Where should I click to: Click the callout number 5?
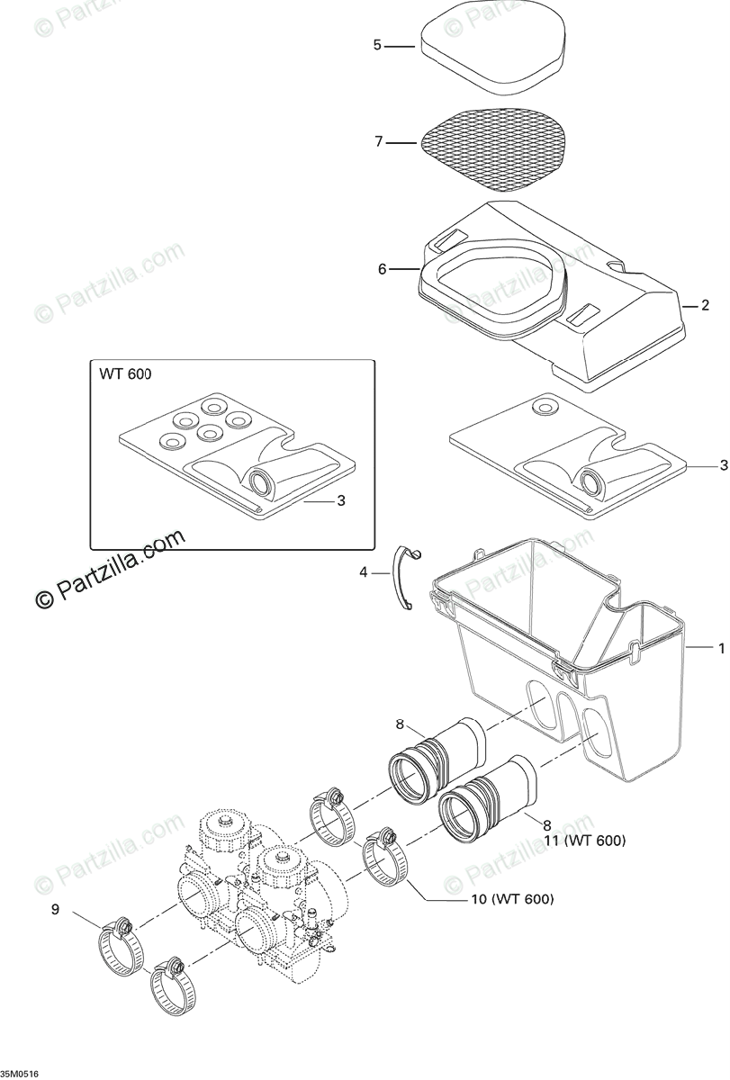[378, 44]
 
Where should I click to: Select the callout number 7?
[379, 141]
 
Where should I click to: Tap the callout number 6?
[382, 268]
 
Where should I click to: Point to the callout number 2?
[705, 306]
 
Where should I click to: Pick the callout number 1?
[720, 647]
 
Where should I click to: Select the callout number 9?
[55, 910]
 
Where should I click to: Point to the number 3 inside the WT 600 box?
[341, 500]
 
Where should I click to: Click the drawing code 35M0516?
[20, 1074]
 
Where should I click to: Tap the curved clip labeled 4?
[406, 590]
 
